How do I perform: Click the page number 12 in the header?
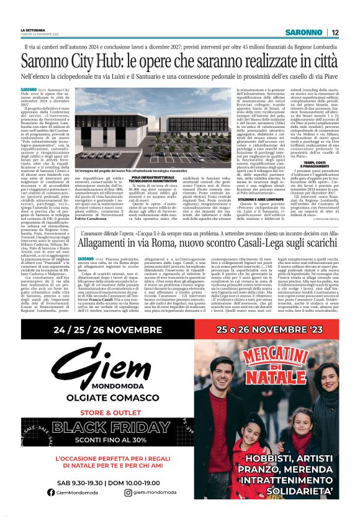click(335, 32)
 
